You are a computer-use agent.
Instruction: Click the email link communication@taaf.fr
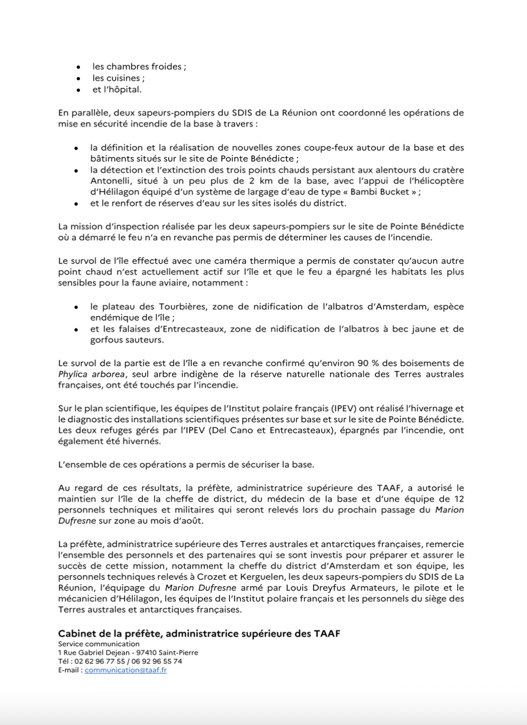[125, 670]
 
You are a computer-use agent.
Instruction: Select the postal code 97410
[146, 653]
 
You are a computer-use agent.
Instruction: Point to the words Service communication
[99, 644]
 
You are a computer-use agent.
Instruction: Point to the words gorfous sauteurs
[126, 340]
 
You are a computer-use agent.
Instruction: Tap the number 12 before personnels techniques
[458, 499]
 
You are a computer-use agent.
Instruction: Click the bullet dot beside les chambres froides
[78, 67]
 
